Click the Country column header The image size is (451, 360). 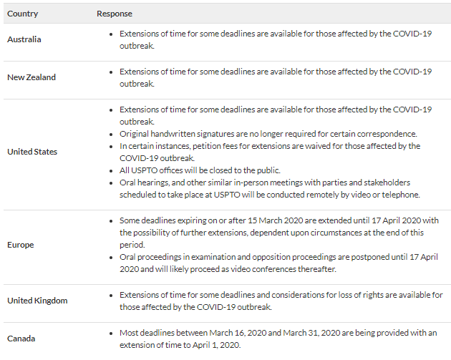click(22, 14)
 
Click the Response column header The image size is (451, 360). click(115, 14)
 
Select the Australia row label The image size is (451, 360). click(24, 39)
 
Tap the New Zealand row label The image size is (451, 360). click(31, 77)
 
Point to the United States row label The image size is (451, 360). click(32, 152)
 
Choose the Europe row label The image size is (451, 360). click(21, 245)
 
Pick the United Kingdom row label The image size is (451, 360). click(37, 301)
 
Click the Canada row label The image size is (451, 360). click(21, 339)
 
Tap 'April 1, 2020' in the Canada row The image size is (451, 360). click(213, 345)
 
